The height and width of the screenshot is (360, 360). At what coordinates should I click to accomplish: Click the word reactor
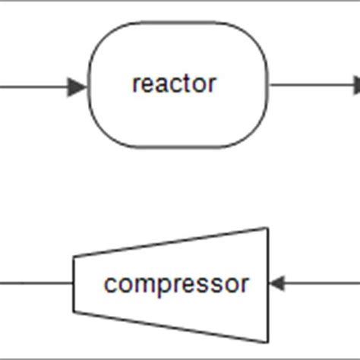[174, 84]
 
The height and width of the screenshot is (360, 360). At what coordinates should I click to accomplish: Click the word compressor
[176, 284]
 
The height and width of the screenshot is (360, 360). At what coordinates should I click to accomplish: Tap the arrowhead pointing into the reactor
[78, 87]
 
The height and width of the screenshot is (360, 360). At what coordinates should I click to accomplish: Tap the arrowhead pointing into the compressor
[277, 284]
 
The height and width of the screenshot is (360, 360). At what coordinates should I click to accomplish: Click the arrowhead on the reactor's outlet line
[356, 86]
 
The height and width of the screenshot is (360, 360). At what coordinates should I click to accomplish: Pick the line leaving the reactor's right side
[311, 86]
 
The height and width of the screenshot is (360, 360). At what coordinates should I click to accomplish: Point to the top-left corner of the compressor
[74, 257]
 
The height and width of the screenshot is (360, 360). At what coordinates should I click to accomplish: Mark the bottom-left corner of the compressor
[74, 312]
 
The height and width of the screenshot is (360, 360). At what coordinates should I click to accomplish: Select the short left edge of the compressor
[74, 284]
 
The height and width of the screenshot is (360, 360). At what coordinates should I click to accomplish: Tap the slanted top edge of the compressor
[171, 242]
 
